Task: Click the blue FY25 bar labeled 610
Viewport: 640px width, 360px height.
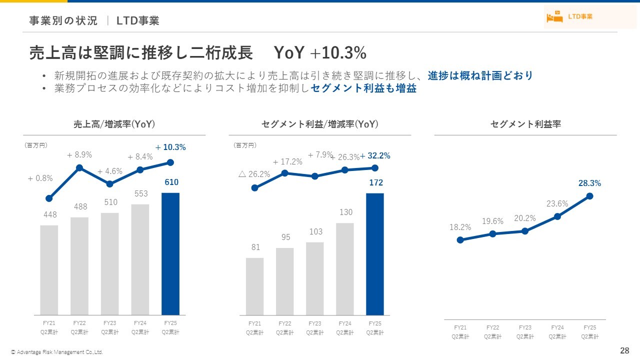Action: (x=170, y=253)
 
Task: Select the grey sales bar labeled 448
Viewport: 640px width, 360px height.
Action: (x=49, y=270)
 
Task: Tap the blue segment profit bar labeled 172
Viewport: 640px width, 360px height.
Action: (x=375, y=253)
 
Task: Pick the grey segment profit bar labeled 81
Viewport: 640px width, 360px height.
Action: (x=254, y=286)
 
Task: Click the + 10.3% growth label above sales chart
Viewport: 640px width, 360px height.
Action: (x=170, y=147)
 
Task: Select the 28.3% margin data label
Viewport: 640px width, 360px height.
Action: (x=589, y=183)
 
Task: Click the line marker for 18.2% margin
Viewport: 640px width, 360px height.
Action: (x=460, y=240)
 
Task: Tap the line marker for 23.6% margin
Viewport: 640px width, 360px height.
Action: (x=557, y=216)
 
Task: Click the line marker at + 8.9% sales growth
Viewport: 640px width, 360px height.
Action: (x=79, y=167)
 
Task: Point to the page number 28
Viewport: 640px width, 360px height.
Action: (x=624, y=350)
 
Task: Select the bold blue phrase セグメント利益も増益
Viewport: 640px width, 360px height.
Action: (x=363, y=89)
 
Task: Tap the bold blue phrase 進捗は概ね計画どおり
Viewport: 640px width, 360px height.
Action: (x=480, y=76)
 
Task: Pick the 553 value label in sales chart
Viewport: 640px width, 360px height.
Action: (x=140, y=193)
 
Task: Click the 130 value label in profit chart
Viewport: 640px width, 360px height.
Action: (x=346, y=212)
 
